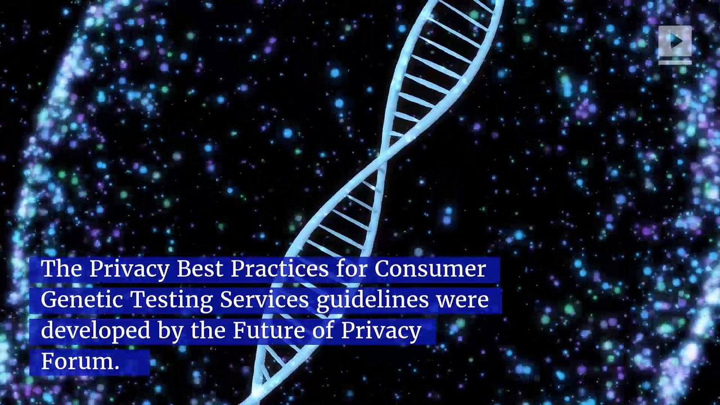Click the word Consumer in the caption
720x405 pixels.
pyautogui.click(x=430, y=269)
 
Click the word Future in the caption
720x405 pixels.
pyautogui.click(x=264, y=331)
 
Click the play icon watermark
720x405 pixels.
pyautogui.click(x=675, y=42)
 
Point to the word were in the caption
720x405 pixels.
pyautogui.click(x=463, y=300)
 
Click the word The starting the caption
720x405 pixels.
pyautogui.click(x=61, y=269)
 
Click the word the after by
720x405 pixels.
pyautogui.click(x=209, y=331)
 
